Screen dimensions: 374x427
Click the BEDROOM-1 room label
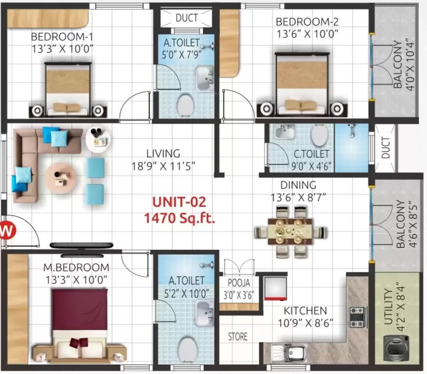[62, 37]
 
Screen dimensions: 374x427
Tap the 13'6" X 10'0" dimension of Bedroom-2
[307, 33]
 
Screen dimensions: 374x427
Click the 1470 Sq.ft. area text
[180, 218]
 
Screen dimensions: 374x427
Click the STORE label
[238, 337]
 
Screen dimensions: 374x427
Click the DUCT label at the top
[186, 18]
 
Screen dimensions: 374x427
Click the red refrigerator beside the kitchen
[274, 288]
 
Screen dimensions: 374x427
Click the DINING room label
[298, 185]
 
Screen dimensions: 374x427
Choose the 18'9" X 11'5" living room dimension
[163, 166]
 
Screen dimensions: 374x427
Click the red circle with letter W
[6, 231]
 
